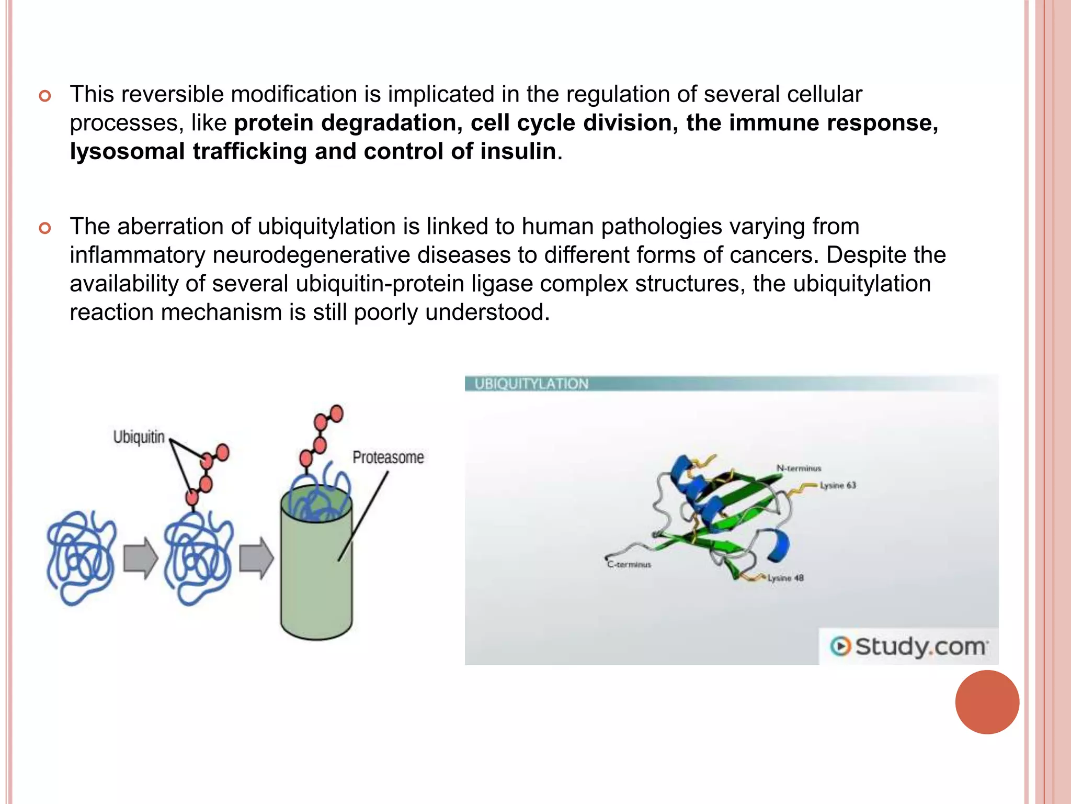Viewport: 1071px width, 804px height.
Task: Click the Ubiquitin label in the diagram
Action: [x=139, y=437]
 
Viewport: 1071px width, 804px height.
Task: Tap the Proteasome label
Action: [x=388, y=457]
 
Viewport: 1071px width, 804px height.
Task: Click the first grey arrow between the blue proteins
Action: [x=140, y=559]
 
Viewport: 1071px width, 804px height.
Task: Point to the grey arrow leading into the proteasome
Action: [x=256, y=559]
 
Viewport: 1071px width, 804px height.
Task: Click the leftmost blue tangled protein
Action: [x=81, y=557]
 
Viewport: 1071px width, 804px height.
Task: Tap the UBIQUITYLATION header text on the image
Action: [x=531, y=384]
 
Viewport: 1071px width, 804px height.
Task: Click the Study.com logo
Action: [x=909, y=646]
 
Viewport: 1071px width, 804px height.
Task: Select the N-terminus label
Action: [x=799, y=468]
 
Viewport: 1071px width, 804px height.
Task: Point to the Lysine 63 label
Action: [x=838, y=485]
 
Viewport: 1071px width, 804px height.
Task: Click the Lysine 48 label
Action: [x=785, y=578]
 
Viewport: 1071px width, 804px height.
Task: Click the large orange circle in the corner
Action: [x=987, y=702]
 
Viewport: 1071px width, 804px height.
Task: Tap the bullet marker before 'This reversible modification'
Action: [x=45, y=96]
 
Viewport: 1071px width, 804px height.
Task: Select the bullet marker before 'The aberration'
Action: [x=45, y=228]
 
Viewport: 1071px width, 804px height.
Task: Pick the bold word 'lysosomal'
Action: [x=128, y=151]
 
